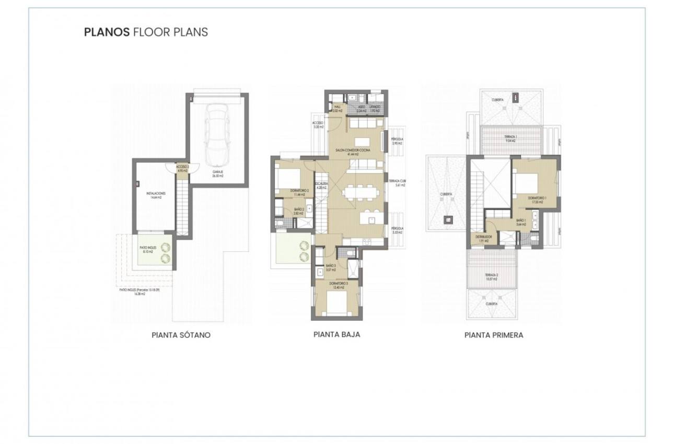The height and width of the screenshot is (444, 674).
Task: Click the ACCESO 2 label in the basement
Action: coord(182,169)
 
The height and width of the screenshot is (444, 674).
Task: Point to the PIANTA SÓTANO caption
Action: coord(181,335)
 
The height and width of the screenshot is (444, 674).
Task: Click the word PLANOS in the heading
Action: coord(107,32)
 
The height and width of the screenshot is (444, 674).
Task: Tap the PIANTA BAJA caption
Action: coord(336,335)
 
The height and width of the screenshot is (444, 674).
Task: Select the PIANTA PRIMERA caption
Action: coord(494,335)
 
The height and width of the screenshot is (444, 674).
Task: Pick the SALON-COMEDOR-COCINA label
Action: coord(357,151)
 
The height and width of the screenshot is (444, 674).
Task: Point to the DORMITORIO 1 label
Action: coord(537,200)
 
